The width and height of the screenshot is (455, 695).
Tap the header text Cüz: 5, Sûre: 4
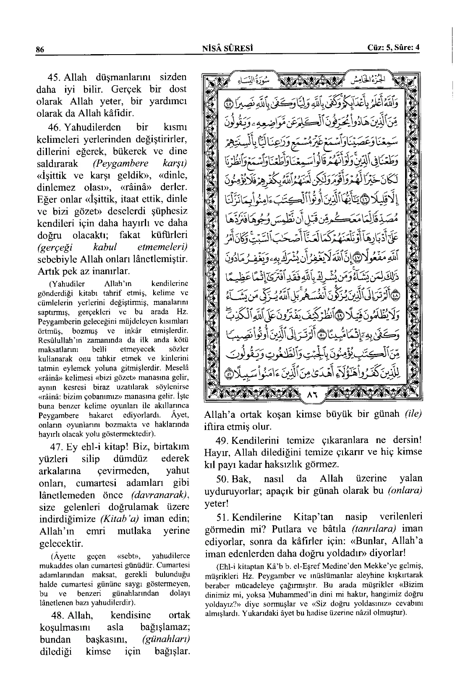(393, 48)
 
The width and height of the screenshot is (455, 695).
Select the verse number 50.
(221, 479)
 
